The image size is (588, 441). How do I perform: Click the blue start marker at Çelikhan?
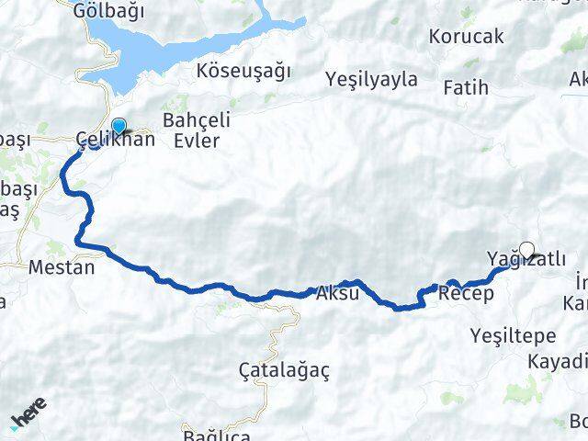(x=118, y=128)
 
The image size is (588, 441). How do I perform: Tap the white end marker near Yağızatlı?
(x=527, y=248)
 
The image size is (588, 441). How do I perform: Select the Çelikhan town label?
(x=115, y=141)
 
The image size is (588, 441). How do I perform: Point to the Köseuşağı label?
(x=243, y=71)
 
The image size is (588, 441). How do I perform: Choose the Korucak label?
(x=466, y=37)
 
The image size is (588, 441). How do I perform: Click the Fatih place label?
(x=465, y=89)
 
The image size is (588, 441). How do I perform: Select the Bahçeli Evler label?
(x=191, y=130)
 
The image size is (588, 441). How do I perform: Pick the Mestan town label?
(x=62, y=268)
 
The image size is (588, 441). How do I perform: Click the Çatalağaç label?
(x=284, y=370)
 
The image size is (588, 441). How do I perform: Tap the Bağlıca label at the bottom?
(x=216, y=434)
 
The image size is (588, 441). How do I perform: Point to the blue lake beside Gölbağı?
(x=184, y=46)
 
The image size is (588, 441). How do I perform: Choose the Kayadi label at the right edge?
(x=559, y=361)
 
